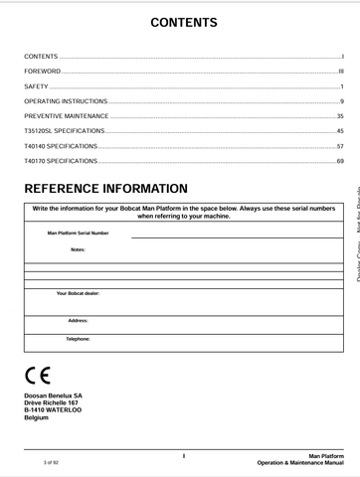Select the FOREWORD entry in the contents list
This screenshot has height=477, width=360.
click(43, 73)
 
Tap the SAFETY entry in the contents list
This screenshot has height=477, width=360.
click(37, 87)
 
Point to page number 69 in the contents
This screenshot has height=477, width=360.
click(340, 161)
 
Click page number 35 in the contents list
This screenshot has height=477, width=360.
click(340, 117)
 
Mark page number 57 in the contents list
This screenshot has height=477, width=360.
click(340, 146)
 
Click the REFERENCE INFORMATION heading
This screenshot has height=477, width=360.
click(105, 189)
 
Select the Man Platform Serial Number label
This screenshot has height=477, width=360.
click(79, 234)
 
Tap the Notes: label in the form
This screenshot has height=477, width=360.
click(78, 249)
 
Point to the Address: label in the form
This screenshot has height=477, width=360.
click(78, 321)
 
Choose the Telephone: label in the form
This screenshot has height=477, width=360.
click(78, 339)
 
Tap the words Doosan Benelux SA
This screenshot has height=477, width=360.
click(53, 396)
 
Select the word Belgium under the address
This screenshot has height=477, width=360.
click(36, 417)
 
